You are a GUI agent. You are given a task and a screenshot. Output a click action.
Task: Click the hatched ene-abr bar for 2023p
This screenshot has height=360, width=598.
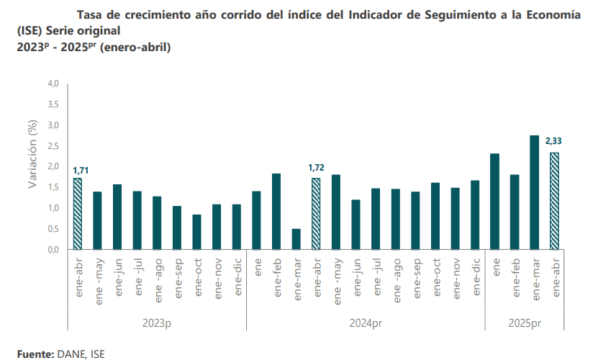pos(78,214)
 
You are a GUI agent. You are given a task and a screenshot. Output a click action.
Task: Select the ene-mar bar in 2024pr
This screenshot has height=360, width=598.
pos(296,239)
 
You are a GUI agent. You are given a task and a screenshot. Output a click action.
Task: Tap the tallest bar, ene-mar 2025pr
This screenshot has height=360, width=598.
pos(534,192)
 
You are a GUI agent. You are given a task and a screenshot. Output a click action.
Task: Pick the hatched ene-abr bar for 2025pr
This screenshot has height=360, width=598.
pos(554,201)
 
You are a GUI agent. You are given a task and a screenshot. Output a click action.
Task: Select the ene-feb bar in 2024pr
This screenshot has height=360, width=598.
pos(276,212)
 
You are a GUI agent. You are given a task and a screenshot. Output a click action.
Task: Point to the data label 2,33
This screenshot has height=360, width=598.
pos(554,140)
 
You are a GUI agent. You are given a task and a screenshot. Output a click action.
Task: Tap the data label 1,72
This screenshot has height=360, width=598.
pos(316,168)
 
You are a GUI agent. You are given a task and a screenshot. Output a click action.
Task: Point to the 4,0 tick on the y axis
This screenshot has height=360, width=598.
pos(53,84)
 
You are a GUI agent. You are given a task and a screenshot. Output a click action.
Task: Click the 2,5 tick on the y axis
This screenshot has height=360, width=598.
pos(53,146)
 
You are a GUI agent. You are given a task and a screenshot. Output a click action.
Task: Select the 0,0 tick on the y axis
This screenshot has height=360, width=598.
pos(53,250)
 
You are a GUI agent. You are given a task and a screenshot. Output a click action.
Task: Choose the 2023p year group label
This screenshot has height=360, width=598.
pos(157,324)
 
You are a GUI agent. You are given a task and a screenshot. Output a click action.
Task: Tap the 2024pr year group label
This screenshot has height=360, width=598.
pos(366,324)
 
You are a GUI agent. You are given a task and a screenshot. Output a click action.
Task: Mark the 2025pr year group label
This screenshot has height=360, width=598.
pos(525,324)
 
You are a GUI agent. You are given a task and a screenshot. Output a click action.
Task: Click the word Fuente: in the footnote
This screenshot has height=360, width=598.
pos(35,354)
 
